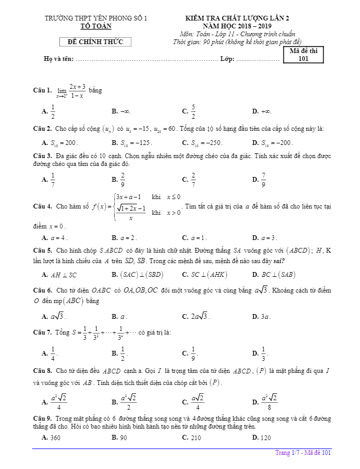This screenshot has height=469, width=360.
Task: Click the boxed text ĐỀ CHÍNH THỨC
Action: point(96,42)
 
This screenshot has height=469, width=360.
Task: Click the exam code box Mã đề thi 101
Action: point(303,55)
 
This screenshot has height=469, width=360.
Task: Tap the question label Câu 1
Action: point(42,91)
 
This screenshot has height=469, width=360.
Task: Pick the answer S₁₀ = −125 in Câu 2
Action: point(132,143)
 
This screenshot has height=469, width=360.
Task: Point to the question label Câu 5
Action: point(42,251)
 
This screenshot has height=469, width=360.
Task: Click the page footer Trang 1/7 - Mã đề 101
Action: point(303,453)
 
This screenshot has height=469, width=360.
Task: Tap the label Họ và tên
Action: point(58,59)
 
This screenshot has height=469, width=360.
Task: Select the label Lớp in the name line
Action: point(227,59)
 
